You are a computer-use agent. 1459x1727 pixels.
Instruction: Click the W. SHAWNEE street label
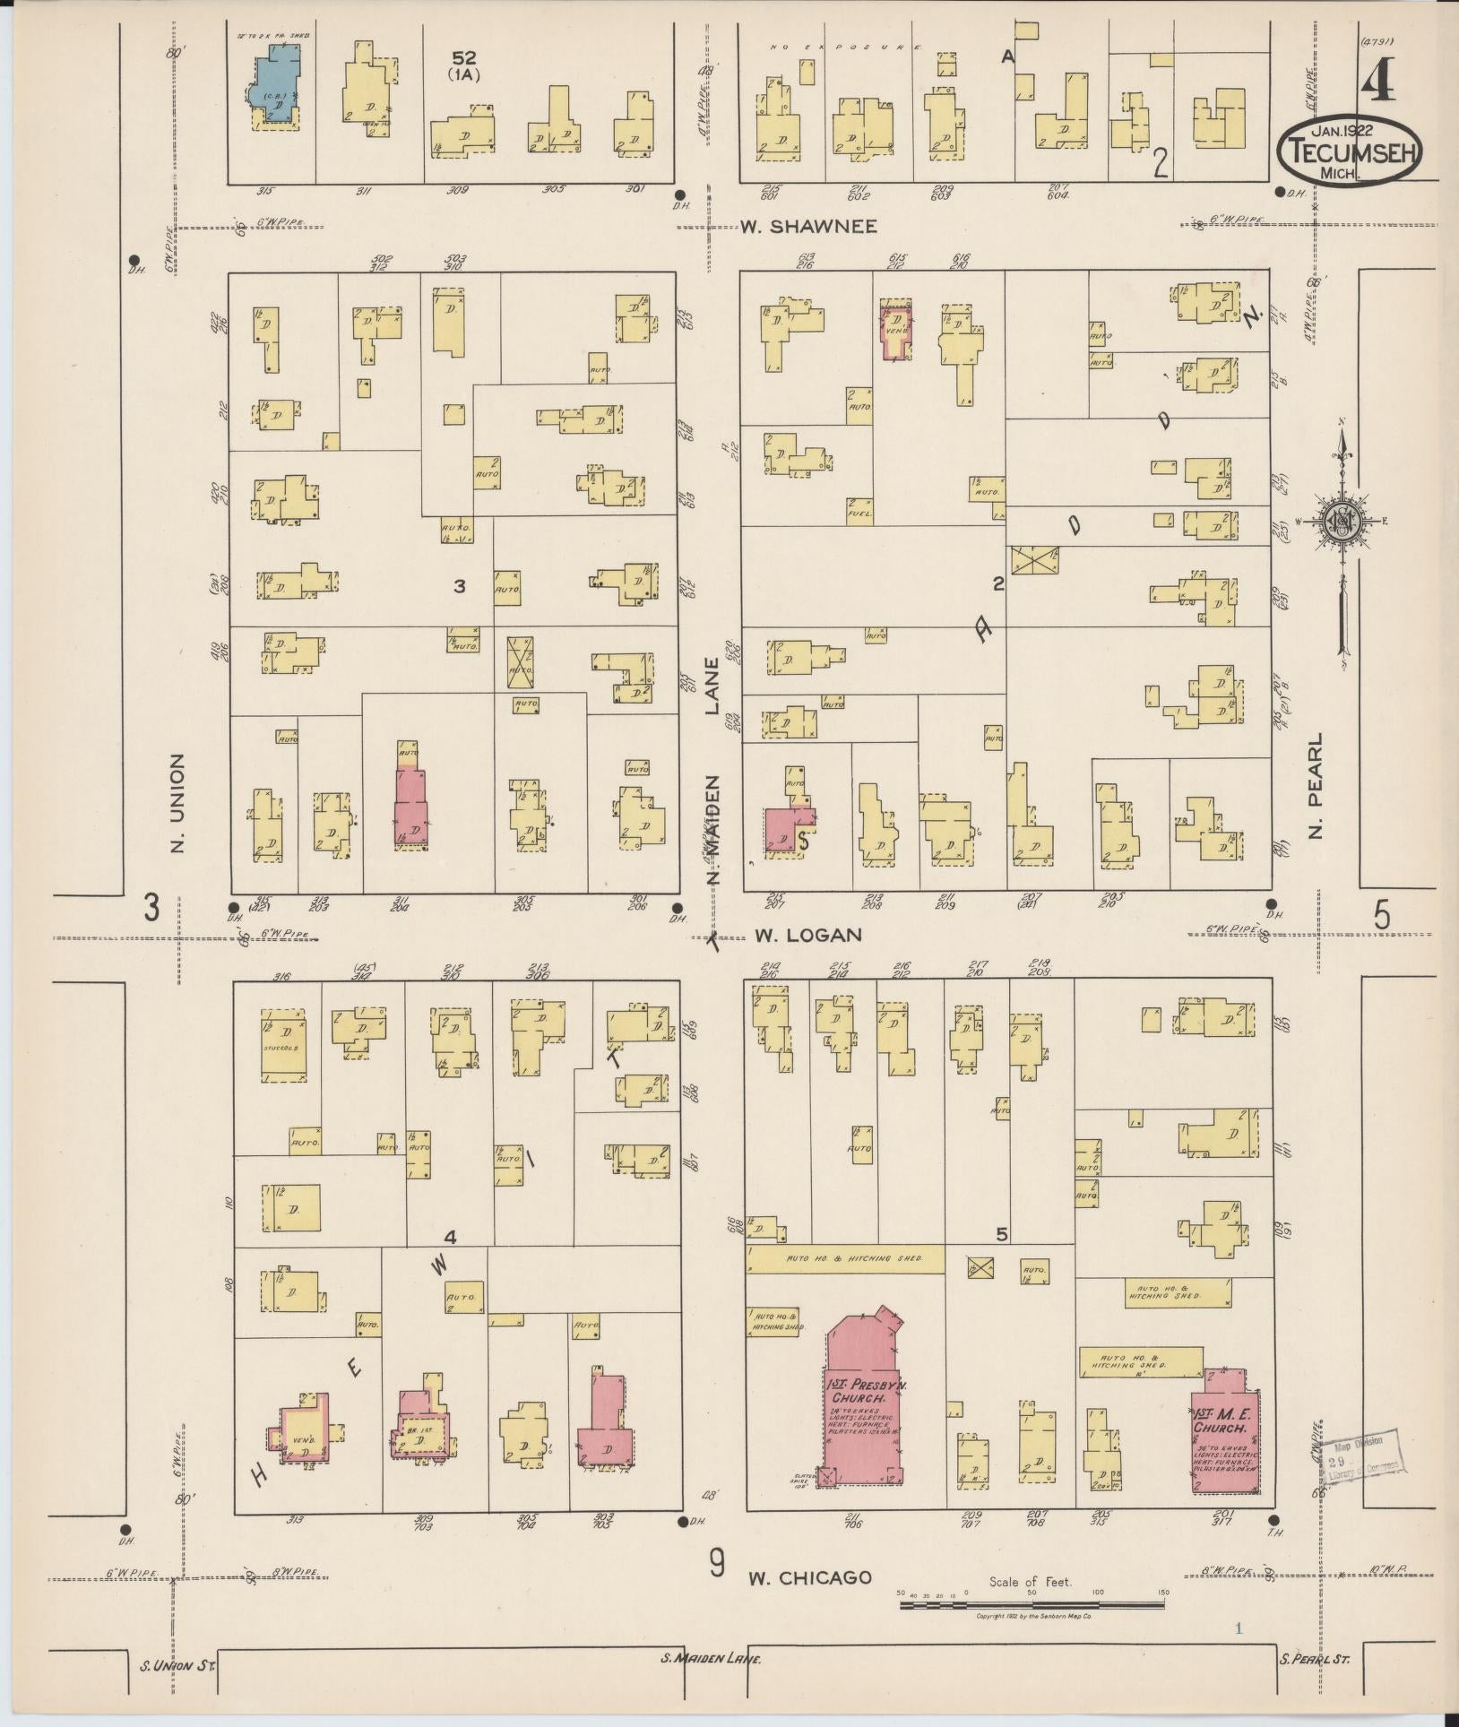(807, 227)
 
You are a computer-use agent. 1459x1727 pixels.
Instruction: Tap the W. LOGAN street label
(807, 935)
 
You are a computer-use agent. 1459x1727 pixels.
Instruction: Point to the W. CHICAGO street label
(810, 1577)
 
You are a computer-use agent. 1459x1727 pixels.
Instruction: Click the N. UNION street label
(177, 803)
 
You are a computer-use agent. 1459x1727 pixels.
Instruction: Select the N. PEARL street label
(1316, 787)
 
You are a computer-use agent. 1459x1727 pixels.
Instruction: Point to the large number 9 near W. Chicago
(716, 1564)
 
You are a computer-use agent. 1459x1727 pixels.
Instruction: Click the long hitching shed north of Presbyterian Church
(846, 1258)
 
